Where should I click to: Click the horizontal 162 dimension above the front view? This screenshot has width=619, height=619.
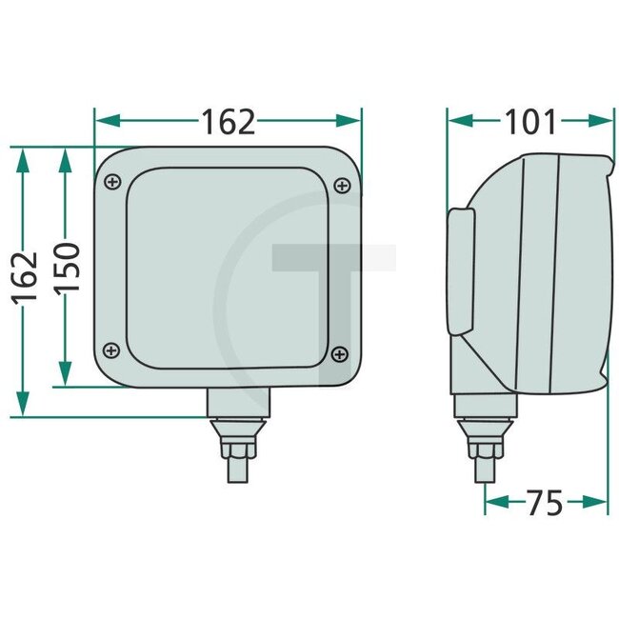tap(228, 121)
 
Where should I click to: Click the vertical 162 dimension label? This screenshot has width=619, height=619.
tap(27, 277)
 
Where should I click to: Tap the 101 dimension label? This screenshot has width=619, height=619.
tap(529, 121)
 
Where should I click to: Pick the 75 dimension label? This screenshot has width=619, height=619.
tap(546, 502)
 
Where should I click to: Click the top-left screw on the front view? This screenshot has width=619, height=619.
tap(113, 181)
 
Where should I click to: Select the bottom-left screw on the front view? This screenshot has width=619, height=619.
tap(113, 349)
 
